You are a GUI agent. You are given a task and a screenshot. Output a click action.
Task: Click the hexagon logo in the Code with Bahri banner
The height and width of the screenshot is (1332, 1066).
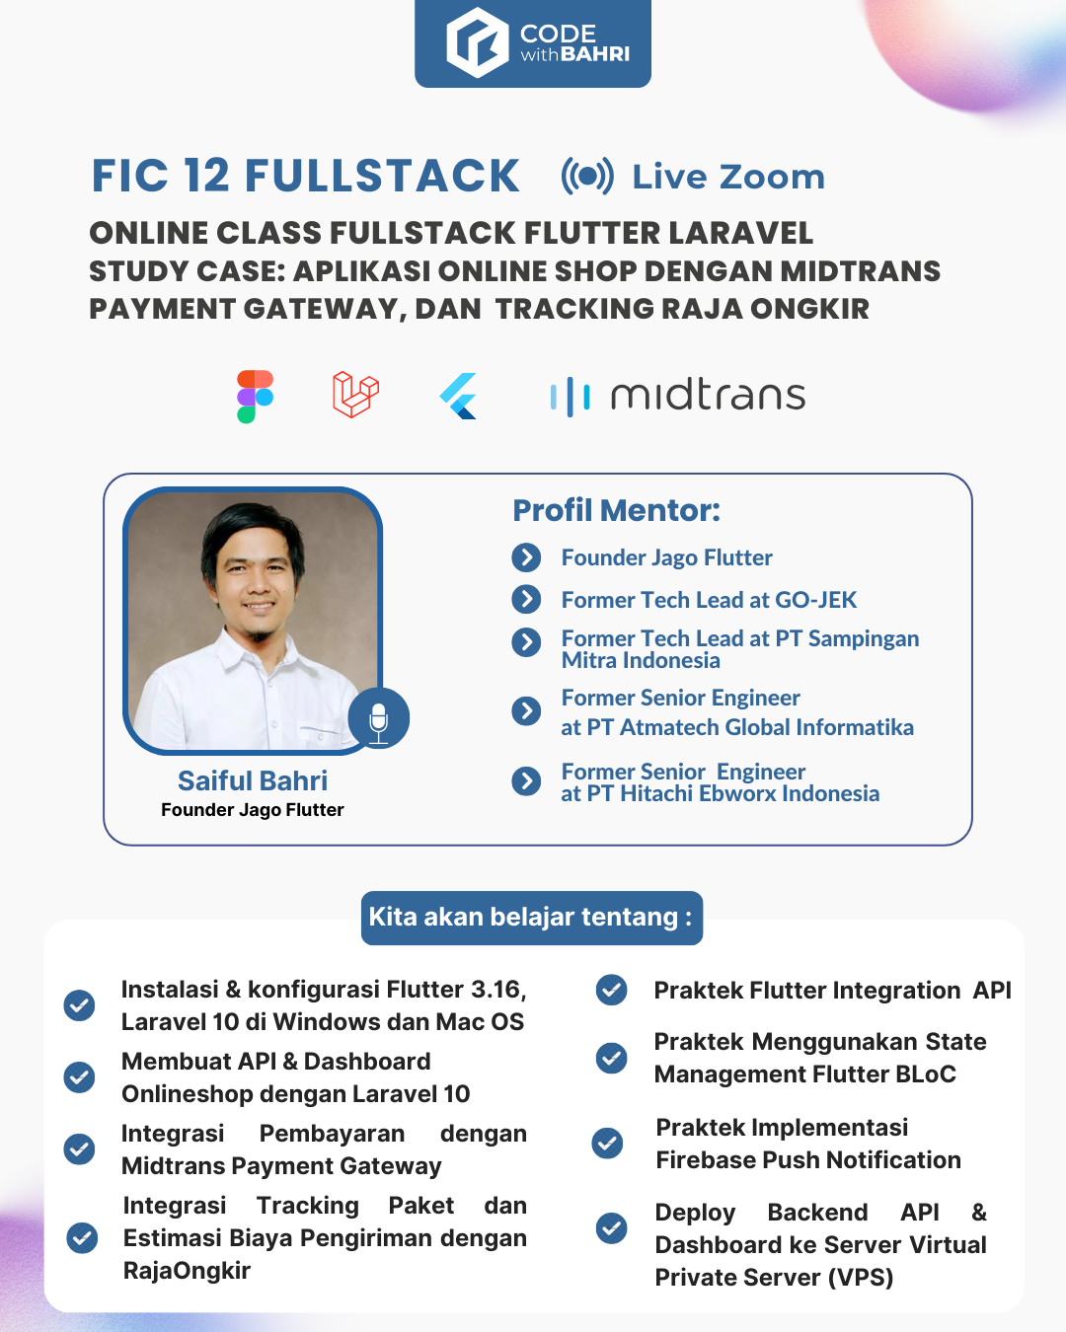pos(478,42)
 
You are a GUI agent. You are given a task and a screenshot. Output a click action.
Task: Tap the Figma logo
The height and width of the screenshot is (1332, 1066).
pos(256,397)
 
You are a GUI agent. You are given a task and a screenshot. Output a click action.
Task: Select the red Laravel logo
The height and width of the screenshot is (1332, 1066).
pos(355,395)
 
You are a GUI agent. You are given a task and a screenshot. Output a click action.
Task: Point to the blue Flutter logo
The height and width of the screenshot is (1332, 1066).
pos(458,396)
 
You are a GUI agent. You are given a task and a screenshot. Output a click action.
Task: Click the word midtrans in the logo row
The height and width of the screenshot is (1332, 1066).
pos(708,395)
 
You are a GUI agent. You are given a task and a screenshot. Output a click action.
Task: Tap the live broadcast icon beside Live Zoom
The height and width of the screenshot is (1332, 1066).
pos(587,177)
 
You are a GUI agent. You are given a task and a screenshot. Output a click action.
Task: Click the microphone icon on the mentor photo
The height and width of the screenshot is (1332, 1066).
pos(378,718)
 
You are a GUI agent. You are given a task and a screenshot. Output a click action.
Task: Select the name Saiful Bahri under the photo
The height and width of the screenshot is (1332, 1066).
pos(253,780)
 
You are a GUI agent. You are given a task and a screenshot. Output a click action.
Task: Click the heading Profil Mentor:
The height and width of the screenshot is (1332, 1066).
pos(616,511)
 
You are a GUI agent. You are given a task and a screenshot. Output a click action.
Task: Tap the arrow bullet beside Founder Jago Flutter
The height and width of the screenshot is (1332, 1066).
pos(526,557)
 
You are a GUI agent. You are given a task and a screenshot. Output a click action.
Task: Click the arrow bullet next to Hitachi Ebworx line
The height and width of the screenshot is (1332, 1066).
pos(526,781)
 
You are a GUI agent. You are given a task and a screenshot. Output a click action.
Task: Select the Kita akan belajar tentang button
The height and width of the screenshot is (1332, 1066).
pos(532,918)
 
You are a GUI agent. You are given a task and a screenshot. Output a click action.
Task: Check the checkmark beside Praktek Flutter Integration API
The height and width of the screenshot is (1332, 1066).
pos(611,990)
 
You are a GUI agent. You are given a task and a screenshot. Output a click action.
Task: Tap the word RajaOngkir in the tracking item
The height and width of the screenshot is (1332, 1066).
pos(187,1271)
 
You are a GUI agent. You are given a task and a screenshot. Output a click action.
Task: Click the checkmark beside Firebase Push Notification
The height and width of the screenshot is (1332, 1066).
pos(607,1144)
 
